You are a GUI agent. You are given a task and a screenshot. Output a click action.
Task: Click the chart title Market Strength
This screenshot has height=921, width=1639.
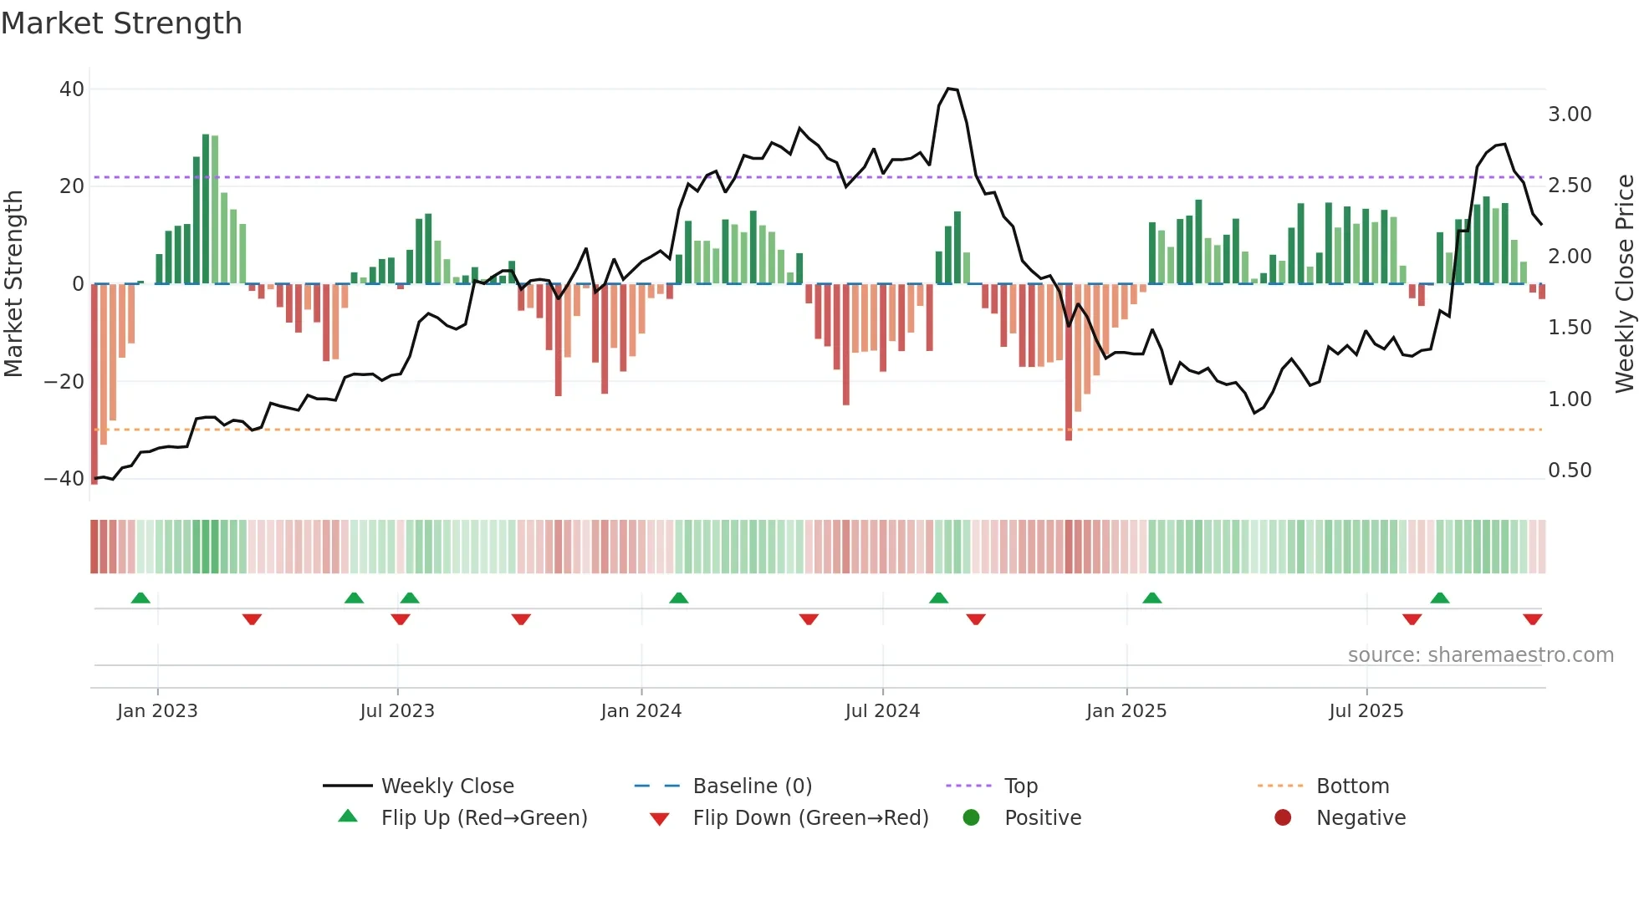[121, 23]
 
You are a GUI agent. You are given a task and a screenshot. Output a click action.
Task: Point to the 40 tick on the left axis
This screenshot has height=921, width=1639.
[72, 89]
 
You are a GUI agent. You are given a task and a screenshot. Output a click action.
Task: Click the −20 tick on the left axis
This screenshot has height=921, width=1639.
[64, 381]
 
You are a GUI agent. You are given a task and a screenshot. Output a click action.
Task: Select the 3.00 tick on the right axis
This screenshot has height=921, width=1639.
[1570, 114]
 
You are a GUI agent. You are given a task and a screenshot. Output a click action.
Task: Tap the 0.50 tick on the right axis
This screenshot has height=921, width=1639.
[1570, 471]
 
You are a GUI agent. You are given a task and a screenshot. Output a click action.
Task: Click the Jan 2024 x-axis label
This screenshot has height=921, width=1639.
[641, 711]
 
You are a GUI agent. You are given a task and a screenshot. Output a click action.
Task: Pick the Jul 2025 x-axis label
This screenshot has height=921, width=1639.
[1366, 711]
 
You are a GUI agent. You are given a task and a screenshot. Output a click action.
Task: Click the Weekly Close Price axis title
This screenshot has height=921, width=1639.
[1624, 284]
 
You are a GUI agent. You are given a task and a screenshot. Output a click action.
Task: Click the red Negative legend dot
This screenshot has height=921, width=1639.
[1283, 818]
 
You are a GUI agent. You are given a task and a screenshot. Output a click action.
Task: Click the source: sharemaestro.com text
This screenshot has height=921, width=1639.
[1480, 655]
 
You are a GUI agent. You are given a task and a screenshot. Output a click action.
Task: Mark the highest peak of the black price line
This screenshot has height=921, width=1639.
[949, 89]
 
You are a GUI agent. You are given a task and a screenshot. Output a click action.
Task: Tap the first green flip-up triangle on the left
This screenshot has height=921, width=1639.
[140, 598]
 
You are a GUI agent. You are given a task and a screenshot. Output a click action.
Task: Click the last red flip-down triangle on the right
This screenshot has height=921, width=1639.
[1532, 619]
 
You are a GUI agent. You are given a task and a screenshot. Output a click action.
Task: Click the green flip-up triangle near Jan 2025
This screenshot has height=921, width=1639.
[1151, 598]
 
